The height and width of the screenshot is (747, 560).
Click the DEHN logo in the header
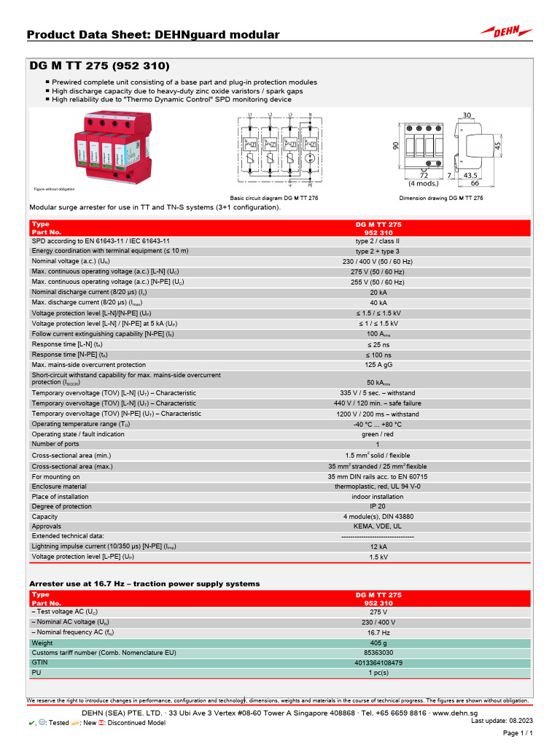click(506, 31)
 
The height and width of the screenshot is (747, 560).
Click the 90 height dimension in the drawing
click(396, 146)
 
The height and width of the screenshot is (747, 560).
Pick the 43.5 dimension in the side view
click(470, 175)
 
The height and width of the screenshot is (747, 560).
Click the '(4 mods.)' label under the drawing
click(423, 183)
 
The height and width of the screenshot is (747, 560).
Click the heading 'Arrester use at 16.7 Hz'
click(144, 584)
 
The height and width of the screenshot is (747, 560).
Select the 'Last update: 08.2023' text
click(500, 721)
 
